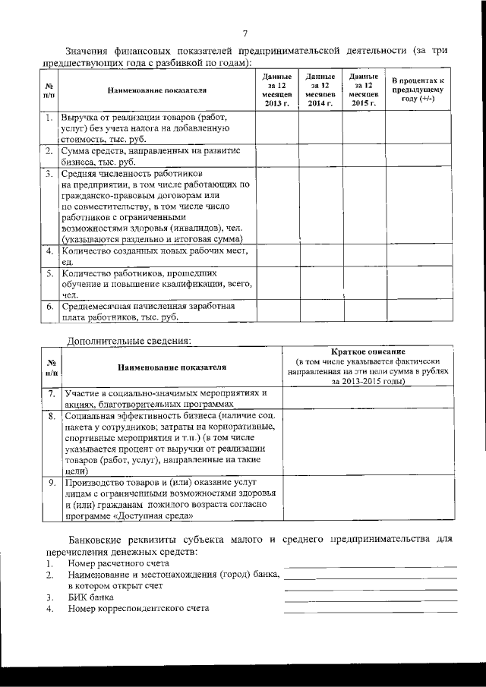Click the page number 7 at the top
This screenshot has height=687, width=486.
245,32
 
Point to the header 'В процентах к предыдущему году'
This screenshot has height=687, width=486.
417,90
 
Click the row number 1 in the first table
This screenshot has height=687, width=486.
48,118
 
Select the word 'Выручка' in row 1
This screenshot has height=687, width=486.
82,118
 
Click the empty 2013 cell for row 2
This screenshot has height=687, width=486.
277,156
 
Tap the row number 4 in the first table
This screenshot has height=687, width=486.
48,250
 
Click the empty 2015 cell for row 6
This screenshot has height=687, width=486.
364,312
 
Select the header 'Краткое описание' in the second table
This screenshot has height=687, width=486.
368,352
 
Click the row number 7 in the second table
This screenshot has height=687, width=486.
50,393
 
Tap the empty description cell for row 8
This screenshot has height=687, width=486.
368,443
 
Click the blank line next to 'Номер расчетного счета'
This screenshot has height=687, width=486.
371,565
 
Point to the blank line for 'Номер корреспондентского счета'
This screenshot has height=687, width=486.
371,610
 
